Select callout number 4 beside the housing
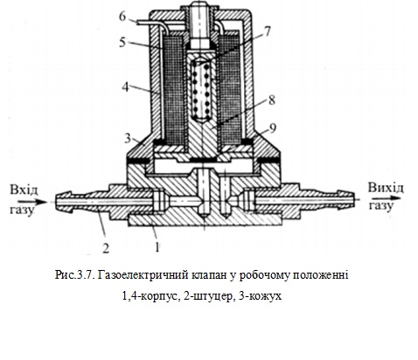point(124,87)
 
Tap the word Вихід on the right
point(384,189)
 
